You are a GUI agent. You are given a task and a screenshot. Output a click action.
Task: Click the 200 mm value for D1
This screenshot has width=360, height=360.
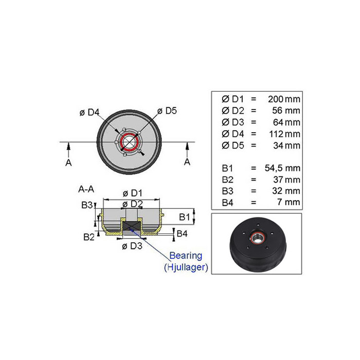284,99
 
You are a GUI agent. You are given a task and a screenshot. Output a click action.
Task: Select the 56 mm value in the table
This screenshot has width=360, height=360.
286,111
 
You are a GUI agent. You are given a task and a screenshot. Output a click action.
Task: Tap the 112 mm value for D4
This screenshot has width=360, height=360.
285,134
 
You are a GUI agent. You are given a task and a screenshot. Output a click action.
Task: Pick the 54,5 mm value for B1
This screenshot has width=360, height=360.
282,168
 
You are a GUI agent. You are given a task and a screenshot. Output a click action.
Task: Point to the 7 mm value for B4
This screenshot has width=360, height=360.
289,202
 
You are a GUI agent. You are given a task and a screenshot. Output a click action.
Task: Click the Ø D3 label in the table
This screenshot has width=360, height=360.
233,122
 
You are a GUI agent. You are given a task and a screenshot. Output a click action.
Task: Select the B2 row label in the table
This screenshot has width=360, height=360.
227,180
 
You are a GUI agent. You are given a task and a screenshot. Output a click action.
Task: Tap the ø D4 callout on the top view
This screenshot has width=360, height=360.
89,113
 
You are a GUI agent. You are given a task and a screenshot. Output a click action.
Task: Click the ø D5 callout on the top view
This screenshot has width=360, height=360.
167,111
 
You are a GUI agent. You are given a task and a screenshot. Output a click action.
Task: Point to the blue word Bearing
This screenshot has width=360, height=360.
186,256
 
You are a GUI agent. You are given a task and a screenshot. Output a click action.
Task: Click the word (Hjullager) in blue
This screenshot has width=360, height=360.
186,267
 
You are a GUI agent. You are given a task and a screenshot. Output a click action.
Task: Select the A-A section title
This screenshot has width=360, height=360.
86,189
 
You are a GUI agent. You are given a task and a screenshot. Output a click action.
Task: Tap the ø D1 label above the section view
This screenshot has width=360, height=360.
133,193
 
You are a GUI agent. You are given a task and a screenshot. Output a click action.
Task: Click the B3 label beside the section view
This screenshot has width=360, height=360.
87,205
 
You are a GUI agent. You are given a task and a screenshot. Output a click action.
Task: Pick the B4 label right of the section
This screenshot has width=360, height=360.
182,233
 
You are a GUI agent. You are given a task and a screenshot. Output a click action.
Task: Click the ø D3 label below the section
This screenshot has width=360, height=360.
132,246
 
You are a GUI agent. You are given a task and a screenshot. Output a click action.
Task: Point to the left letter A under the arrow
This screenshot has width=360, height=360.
68,163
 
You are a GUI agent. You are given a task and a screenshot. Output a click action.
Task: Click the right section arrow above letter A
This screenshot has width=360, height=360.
187,150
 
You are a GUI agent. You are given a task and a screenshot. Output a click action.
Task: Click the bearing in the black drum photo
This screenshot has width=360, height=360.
258,239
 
